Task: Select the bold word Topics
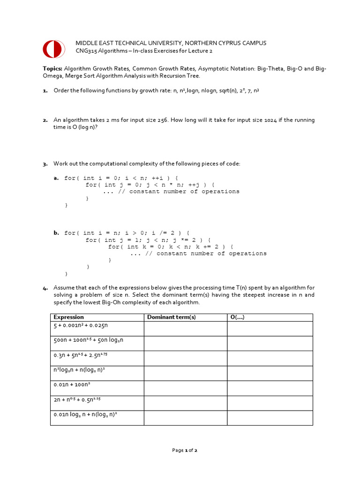tap(52, 68)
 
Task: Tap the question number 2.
tap(45, 120)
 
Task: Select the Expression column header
tap(69, 317)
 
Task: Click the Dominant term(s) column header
tap(172, 317)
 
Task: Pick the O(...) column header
tap(238, 317)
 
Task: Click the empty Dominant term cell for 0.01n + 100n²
tap(186, 388)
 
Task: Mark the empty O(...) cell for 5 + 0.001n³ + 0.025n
tap(270, 329)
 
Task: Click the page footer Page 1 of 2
tap(185, 450)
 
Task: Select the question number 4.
tap(45, 288)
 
